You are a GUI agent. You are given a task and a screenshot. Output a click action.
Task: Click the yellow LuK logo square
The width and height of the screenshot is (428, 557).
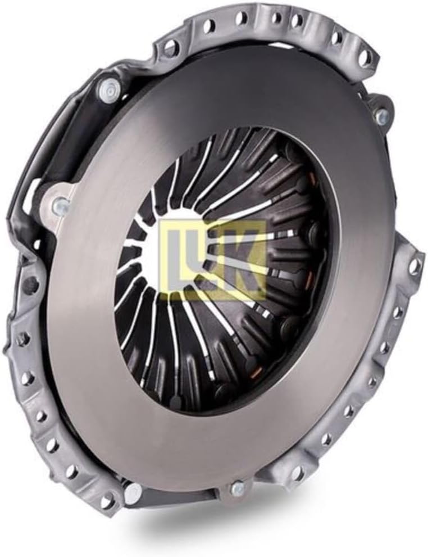213,260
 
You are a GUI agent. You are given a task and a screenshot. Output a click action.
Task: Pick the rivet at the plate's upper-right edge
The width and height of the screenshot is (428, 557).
381,114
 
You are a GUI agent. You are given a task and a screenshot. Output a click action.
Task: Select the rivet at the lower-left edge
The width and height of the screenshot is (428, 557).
134,492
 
